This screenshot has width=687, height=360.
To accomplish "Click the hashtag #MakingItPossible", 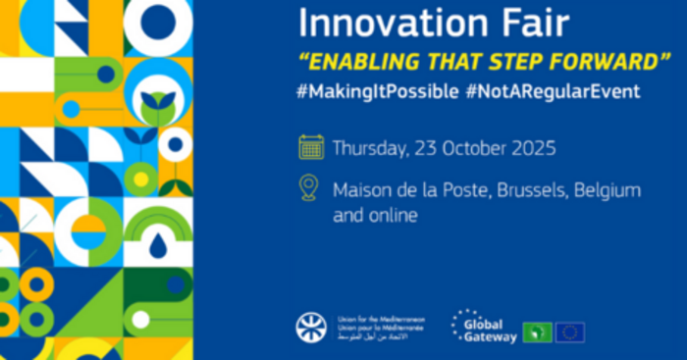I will click(377, 91).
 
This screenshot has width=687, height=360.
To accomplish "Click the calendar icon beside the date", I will click(311, 149).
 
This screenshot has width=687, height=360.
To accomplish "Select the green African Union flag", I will click(537, 332).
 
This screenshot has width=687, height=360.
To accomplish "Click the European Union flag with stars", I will click(570, 332).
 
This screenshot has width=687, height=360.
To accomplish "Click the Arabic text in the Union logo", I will click(378, 337).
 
